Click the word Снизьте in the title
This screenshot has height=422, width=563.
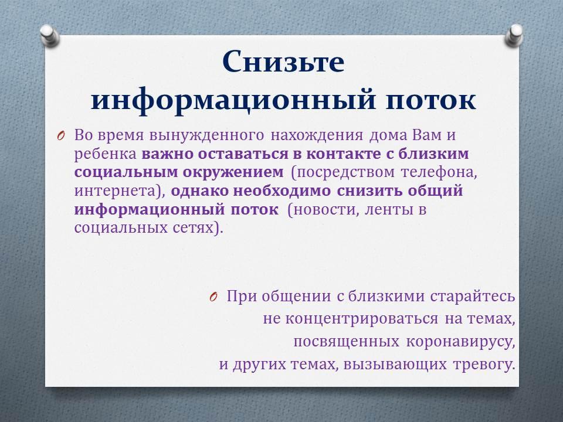[x=283, y=61]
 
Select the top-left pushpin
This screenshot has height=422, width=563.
[x=49, y=36]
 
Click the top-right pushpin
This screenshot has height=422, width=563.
[x=514, y=36]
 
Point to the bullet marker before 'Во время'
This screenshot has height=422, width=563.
[x=60, y=136]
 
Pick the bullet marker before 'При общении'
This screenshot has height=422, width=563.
[x=213, y=297]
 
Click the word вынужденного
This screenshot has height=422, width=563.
[x=206, y=136]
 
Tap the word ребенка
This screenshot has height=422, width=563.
[x=106, y=154]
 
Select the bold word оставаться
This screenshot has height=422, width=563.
[x=243, y=154]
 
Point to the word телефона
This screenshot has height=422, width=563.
[x=439, y=173]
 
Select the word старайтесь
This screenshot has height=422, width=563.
[x=473, y=297]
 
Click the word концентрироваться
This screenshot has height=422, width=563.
[x=362, y=319]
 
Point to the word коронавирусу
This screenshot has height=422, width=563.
[x=461, y=342]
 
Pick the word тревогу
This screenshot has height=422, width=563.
[x=484, y=365]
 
